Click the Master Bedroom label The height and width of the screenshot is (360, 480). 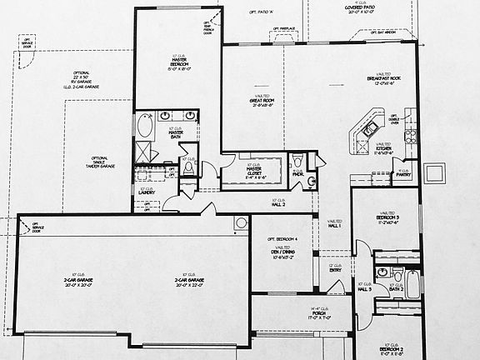(x=177, y=64)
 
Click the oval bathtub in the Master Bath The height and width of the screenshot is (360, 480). (x=146, y=127)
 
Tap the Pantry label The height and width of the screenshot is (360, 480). (x=403, y=175)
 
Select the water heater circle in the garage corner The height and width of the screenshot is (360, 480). (x=241, y=222)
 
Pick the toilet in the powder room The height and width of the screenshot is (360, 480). (x=311, y=181)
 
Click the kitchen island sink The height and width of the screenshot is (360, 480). (x=365, y=130)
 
